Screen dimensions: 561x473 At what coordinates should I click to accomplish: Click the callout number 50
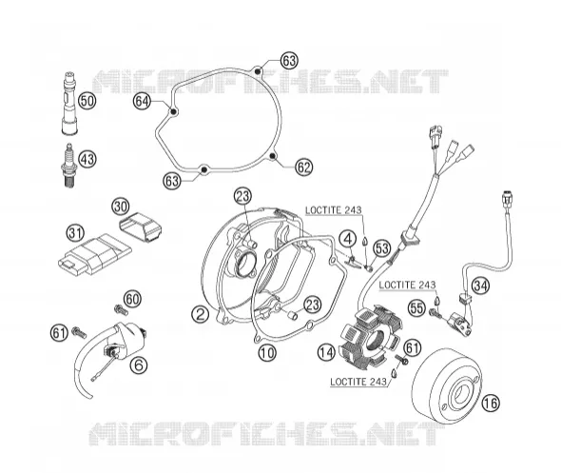pos(87,101)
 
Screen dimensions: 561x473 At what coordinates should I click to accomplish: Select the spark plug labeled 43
pos(69,165)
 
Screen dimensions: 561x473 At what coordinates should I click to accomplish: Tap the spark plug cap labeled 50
pos(69,103)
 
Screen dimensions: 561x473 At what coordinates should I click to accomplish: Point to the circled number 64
pos(142,102)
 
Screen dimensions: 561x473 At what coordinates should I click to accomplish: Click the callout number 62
pos(303,167)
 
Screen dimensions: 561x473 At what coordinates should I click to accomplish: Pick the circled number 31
pos(75,233)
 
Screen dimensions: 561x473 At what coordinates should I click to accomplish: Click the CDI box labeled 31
pos(94,254)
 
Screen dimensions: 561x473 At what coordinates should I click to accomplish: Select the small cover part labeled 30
pos(140,227)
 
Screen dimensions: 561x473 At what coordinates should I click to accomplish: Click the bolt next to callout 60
pos(121,309)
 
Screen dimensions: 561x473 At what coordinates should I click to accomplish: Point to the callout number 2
pos(200,314)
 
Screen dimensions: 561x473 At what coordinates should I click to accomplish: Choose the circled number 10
pos(267,353)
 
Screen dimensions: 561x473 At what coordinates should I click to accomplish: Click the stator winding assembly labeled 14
pos(372,337)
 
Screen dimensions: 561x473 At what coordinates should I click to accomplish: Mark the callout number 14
pos(326,352)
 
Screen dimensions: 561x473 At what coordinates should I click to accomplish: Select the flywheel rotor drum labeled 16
pos(447,386)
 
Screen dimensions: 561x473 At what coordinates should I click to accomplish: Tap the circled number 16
pos(491,403)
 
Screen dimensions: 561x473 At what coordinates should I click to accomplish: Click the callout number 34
pos(480,286)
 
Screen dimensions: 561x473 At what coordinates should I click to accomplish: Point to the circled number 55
pos(417,308)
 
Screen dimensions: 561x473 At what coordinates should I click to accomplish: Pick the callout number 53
pos(381,248)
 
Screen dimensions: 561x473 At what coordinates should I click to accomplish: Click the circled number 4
pos(348,239)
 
